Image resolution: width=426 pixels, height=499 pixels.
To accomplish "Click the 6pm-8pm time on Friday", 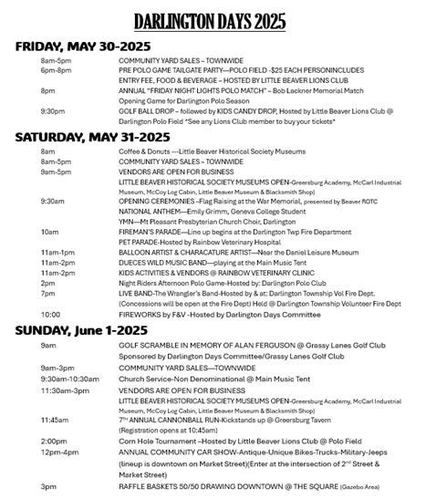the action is point(56,70).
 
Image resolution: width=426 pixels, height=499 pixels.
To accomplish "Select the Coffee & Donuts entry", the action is point(144,151).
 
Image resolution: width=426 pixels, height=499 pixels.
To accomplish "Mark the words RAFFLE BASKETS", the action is point(149,486).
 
